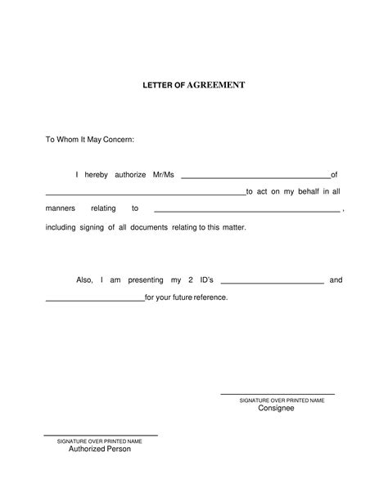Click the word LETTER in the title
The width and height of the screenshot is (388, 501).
156,85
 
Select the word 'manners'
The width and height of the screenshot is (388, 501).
60,209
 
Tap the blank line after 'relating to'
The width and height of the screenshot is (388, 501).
246,212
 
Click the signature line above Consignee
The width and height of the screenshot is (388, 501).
277,395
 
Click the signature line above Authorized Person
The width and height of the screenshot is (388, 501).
100,435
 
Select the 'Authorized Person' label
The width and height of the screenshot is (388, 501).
99,449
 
